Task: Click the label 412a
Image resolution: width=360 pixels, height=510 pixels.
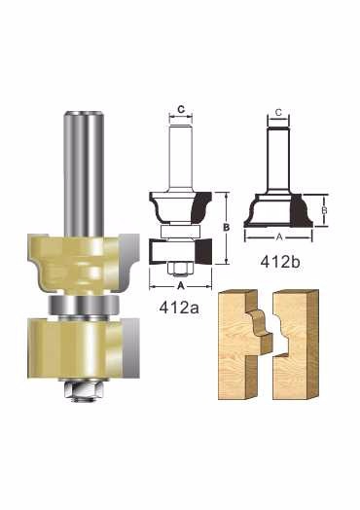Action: click(179, 307)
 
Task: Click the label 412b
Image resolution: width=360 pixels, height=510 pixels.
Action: click(280, 262)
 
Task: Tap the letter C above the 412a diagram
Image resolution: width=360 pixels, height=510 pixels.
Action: click(181, 109)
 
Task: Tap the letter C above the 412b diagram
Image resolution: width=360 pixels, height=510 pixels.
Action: click(278, 112)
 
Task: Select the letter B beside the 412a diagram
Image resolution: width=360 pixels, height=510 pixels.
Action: click(227, 227)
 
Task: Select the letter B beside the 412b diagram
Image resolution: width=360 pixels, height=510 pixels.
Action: click(324, 210)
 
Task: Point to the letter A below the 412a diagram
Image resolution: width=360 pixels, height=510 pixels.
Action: click(181, 286)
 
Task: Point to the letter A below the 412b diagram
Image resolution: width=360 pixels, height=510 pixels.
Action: click(279, 237)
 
